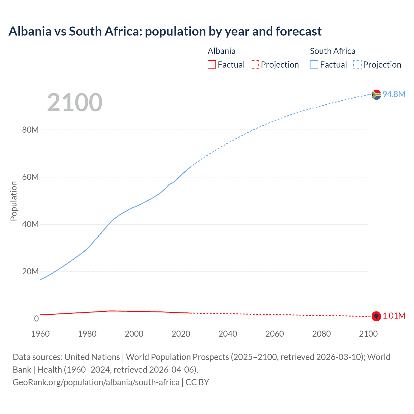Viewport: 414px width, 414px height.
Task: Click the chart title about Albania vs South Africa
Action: [x=165, y=31]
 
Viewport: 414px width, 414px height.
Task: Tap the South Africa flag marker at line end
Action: [x=376, y=94]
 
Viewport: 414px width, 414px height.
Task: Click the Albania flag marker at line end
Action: [x=376, y=316]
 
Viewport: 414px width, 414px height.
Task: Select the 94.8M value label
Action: [x=394, y=94]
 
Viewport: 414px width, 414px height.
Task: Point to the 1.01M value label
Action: [x=394, y=316]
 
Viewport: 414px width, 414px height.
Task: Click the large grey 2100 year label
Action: [x=75, y=103]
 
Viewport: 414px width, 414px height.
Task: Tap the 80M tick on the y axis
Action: [x=30, y=130]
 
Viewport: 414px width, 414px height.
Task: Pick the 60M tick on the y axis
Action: [x=30, y=177]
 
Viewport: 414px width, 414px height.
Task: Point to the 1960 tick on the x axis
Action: [x=40, y=334]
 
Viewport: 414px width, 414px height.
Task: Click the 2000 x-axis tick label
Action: [x=134, y=334]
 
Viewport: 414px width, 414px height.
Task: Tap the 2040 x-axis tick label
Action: [x=228, y=334]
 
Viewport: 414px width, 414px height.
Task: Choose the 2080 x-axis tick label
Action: [x=321, y=334]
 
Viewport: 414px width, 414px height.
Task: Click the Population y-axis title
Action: [x=14, y=201]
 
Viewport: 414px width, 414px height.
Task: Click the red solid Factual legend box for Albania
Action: [x=212, y=65]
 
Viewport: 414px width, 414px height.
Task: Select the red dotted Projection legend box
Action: [x=255, y=65]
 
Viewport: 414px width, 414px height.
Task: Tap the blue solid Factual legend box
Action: [x=314, y=65]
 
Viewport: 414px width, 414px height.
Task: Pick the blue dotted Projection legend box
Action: [x=357, y=65]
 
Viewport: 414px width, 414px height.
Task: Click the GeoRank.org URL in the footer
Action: [x=96, y=382]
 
